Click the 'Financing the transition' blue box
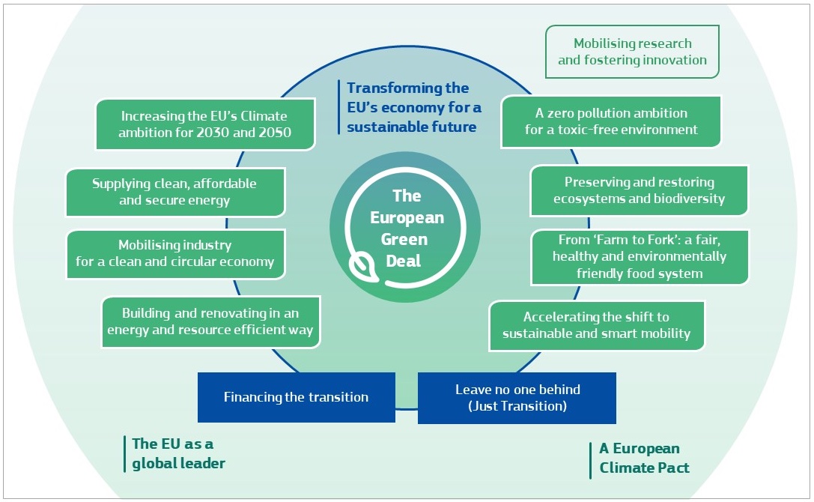(296, 397)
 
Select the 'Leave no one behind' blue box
(517, 398)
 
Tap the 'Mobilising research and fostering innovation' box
(632, 52)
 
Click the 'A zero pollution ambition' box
(610, 121)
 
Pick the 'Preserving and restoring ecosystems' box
(639, 190)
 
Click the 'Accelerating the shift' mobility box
(596, 325)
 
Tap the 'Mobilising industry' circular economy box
(175, 254)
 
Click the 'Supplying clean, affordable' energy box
(174, 192)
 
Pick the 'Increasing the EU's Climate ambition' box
(205, 125)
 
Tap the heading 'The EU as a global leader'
(178, 453)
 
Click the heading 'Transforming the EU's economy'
(413, 108)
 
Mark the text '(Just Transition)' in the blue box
(517, 406)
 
